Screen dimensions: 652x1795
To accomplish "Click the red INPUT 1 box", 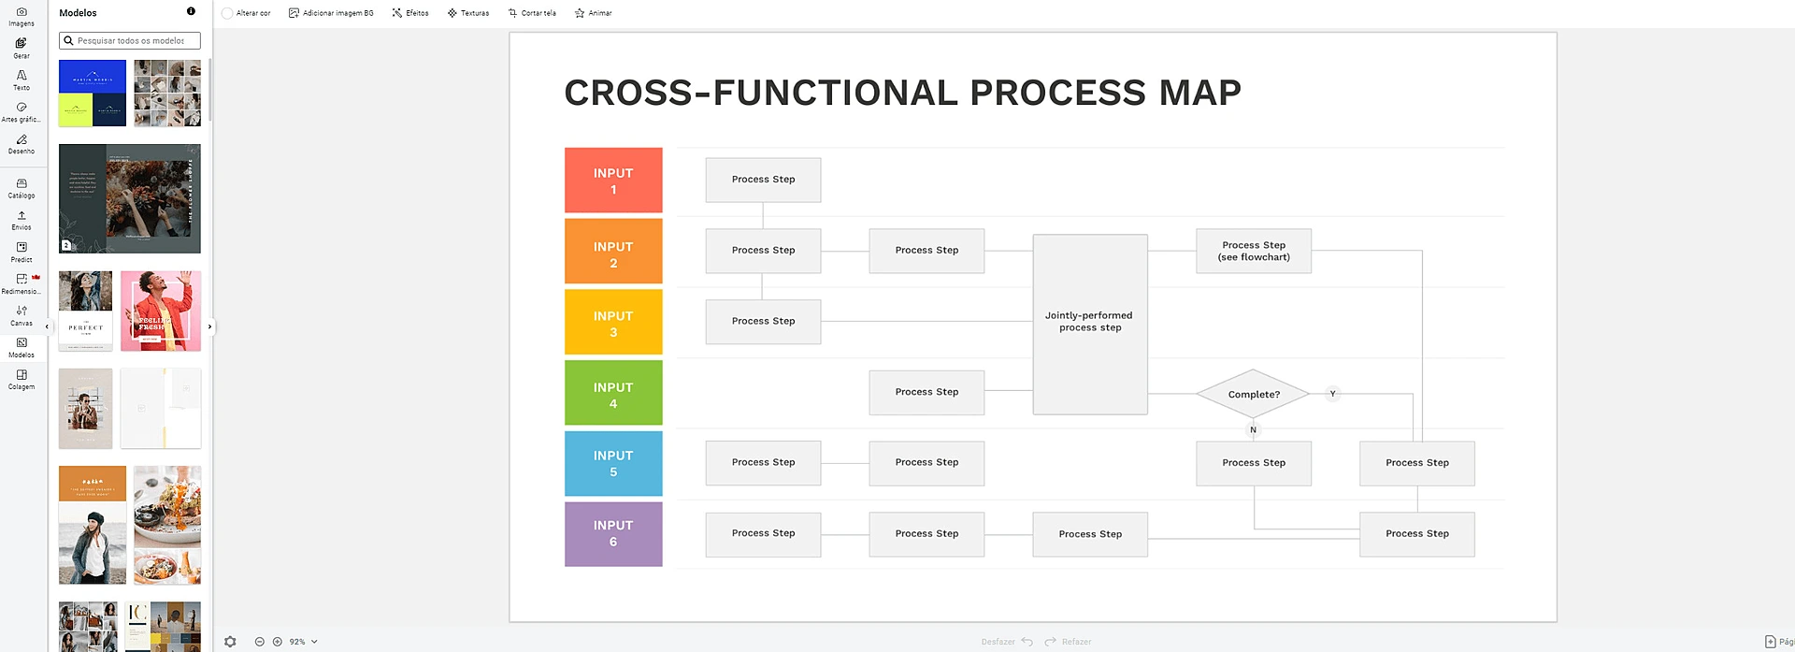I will click(613, 180).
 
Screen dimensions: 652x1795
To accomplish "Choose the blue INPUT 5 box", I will click(613, 463).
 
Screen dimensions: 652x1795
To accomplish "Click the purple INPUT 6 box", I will click(613, 534).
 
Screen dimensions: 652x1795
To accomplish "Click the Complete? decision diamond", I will click(1253, 394).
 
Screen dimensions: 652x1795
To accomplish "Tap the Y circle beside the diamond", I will click(1332, 394).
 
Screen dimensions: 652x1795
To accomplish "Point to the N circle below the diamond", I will click(1253, 430).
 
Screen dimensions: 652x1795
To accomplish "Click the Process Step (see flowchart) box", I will click(1253, 251).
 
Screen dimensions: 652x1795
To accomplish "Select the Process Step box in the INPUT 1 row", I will click(763, 180).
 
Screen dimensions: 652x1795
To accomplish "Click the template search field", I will click(131, 40).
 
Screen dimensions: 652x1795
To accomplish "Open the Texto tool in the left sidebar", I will click(22, 80).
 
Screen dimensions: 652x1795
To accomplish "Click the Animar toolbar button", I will click(594, 13).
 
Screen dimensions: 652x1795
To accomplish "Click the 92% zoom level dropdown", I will click(303, 642).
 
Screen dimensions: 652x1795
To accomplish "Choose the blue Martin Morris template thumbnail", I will click(93, 77).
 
